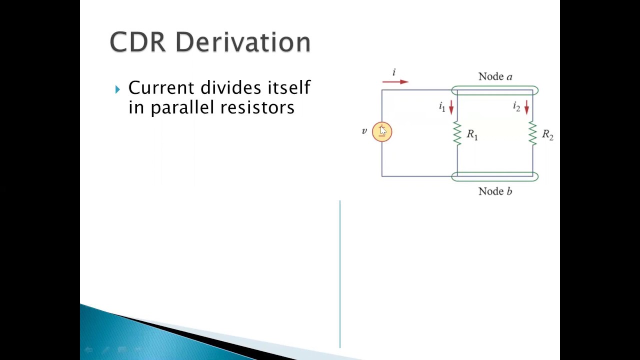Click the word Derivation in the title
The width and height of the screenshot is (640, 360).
[243, 42]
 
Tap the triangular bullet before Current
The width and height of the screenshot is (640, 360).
[117, 89]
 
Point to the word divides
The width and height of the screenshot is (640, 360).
[229, 88]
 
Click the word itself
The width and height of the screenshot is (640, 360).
[289, 88]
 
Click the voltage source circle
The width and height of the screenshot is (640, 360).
[382, 132]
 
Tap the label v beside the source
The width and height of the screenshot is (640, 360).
[364, 131]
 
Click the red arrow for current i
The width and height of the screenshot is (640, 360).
[395, 81]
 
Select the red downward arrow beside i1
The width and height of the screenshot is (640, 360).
[451, 107]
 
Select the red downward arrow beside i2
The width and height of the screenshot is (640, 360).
[526, 107]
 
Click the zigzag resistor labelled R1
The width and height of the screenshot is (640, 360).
[457, 133]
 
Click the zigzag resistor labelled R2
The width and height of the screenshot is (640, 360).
[532, 133]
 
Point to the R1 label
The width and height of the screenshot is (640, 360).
[472, 134]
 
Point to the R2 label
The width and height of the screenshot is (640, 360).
[547, 135]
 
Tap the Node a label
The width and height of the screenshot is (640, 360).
[495, 76]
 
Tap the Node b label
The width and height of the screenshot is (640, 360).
[495, 191]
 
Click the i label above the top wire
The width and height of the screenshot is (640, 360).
[393, 72]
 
